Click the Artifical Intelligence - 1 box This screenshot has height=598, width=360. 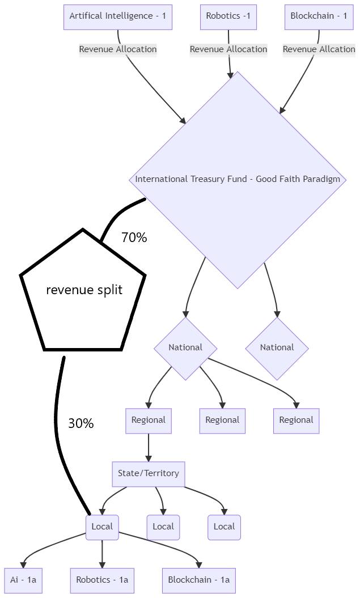[118, 16]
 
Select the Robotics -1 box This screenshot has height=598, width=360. [228, 16]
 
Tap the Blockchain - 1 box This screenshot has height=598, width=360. [319, 16]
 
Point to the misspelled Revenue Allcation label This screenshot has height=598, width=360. [319, 49]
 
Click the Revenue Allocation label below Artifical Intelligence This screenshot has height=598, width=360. [118, 49]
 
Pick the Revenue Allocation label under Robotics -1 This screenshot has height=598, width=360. [228, 49]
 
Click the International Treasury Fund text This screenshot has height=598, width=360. [238, 179]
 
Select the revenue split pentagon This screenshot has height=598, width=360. [83, 290]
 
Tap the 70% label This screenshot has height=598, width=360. [134, 238]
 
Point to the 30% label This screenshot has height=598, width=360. [81, 423]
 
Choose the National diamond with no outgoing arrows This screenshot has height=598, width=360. [277, 348]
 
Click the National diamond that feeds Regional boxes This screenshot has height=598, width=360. [185, 348]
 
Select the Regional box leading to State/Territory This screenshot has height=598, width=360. [149, 421]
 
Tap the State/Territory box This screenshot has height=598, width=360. [149, 474]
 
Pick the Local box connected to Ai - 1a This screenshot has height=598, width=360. [102, 527]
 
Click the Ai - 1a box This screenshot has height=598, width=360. [23, 580]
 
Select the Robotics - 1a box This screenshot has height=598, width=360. [102, 580]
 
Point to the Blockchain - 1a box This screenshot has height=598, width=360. [199, 580]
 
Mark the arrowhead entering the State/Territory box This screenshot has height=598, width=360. [149, 458]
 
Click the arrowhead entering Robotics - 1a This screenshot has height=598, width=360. [102, 565]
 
